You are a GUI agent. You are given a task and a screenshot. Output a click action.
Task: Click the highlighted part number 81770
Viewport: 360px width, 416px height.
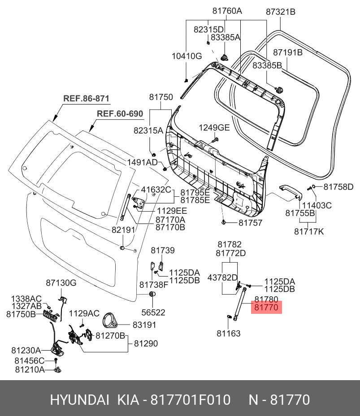pos(266,308)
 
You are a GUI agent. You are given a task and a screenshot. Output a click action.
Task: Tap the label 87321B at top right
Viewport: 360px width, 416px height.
pos(281,12)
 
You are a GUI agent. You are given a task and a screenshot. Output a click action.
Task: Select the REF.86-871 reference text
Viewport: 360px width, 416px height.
pos(86,99)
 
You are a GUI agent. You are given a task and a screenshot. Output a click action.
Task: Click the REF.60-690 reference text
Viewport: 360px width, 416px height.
pos(120,113)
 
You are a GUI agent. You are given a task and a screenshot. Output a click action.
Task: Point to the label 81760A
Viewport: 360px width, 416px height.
pos(227,11)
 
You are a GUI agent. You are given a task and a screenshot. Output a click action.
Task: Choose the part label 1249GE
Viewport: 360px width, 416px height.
pos(214,128)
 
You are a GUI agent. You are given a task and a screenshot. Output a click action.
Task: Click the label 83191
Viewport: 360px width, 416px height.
pos(144,325)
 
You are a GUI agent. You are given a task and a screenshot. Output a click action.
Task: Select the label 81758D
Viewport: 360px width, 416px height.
pos(338,187)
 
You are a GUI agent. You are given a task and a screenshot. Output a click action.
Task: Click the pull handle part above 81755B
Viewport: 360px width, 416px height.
pos(291,192)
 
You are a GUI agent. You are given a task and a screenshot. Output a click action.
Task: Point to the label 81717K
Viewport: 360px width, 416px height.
pos(309,232)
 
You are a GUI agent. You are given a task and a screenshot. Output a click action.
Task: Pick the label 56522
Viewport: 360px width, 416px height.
pos(153,312)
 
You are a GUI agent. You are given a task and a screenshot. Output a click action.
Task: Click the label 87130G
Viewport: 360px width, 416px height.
pos(61,283)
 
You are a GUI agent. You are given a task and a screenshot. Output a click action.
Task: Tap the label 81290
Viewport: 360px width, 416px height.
pos(146,343)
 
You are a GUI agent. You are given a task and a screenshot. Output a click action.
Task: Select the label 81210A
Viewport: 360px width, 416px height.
pos(30,369)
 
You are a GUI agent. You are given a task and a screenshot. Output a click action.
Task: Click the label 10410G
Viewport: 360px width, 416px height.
pos(187,56)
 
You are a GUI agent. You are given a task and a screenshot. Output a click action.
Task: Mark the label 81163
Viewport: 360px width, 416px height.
pos(229,333)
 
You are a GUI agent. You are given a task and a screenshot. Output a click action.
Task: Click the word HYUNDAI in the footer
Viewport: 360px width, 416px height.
pos(80,399)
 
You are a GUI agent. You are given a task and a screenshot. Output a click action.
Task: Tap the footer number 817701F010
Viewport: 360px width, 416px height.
pos(191,399)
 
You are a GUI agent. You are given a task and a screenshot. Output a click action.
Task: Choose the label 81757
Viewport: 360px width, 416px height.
pos(251,223)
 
